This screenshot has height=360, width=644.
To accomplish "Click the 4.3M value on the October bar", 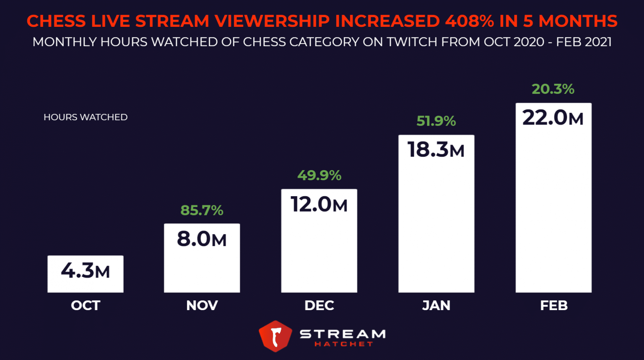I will point(86,271).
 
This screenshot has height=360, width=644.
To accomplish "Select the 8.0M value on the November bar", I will point(202,239).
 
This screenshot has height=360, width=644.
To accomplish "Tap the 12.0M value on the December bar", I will point(319,205).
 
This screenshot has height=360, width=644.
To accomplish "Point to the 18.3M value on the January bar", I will point(436,150).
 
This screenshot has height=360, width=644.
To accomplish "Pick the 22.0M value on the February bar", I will point(553,118).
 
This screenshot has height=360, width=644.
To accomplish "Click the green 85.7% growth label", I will point(202,210).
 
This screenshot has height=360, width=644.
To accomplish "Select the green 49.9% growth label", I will point(319,175).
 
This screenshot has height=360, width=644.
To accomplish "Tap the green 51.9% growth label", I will point(436,121).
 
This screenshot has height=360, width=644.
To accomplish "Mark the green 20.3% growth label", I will point(553,89).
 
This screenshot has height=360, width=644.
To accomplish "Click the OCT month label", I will point(86,306).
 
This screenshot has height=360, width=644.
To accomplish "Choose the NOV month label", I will point(202,306).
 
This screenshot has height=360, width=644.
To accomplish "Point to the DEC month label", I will point(319,306).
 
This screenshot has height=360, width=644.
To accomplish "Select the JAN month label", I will point(436,306).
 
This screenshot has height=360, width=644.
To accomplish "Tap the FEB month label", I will point(553,306).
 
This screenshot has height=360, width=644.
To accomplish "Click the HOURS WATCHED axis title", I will point(86,117).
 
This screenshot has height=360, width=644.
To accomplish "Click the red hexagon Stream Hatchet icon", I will point(275,336).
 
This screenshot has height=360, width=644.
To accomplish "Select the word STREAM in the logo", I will point(343,334).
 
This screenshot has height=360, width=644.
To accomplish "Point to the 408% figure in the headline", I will point(469,21).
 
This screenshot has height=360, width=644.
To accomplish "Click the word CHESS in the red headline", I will point(56,21).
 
